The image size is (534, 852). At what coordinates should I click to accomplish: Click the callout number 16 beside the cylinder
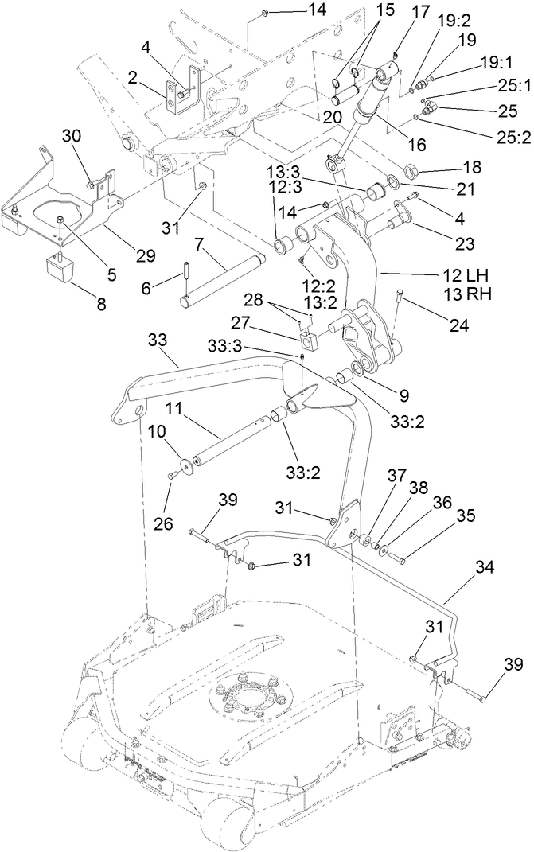click(416, 145)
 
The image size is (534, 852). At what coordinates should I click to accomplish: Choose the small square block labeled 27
click(309, 342)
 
